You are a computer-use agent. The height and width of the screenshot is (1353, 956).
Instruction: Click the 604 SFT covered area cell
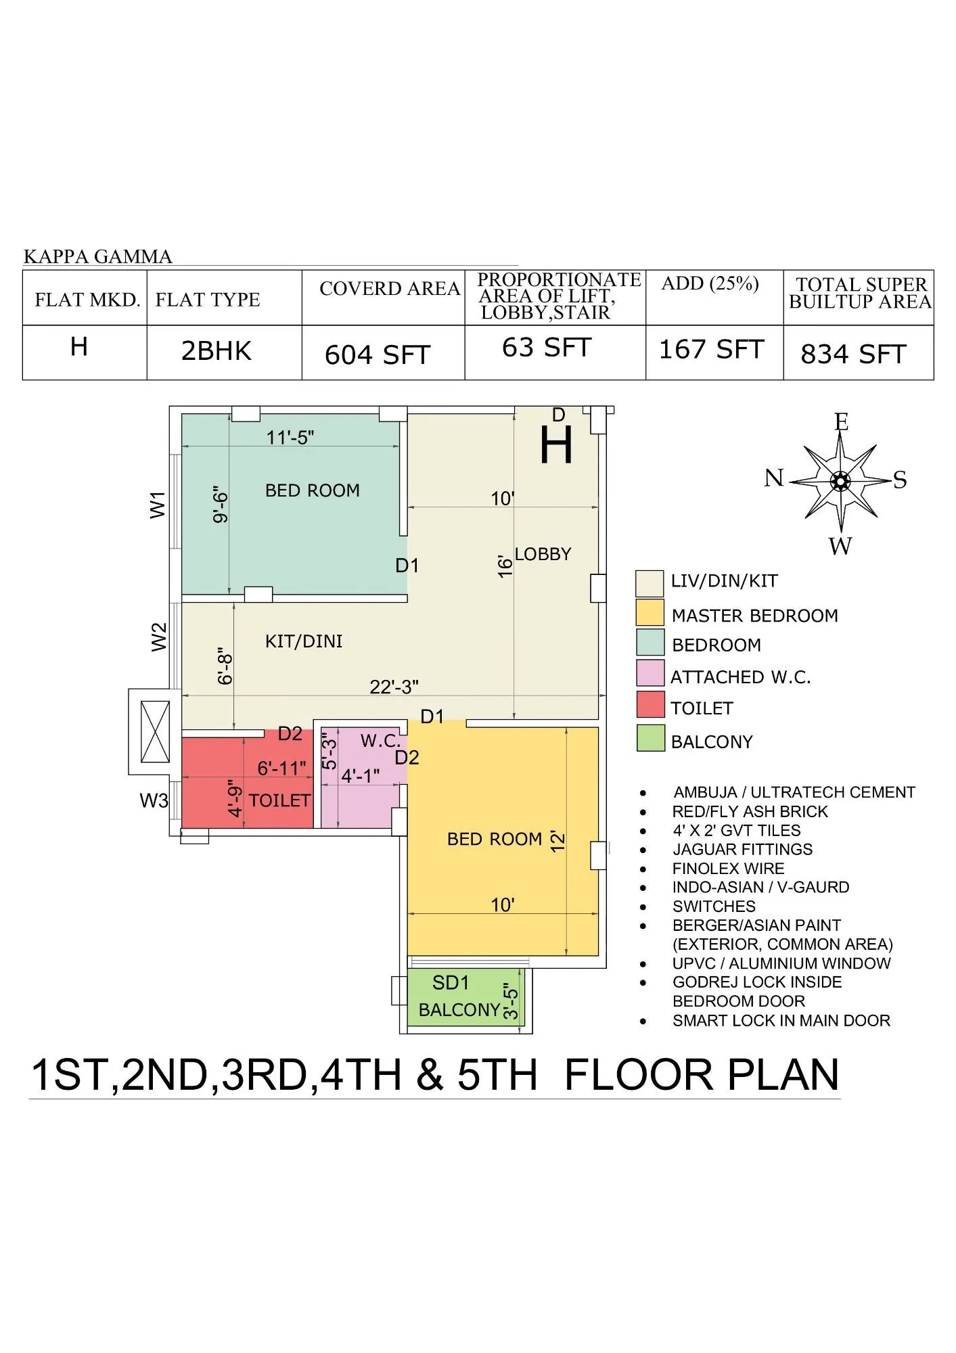378,354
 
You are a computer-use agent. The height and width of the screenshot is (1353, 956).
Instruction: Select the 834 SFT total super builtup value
853,354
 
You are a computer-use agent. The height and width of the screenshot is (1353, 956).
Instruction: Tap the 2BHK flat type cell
217,351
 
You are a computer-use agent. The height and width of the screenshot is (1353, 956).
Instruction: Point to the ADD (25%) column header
710,283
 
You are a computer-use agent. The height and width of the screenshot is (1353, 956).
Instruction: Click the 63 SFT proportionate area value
547,348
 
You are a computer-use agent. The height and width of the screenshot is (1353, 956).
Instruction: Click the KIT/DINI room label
304,641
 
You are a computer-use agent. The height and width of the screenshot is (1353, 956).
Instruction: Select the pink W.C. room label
380,741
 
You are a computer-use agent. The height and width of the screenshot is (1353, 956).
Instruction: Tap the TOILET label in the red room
279,801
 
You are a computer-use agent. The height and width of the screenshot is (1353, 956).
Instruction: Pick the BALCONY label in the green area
459,1010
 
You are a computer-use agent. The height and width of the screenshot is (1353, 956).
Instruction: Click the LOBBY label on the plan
543,554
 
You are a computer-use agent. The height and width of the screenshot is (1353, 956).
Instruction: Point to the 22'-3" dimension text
394,687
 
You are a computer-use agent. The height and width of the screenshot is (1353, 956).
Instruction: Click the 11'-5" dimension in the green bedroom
290,438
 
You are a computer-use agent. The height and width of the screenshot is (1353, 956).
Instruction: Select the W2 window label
158,637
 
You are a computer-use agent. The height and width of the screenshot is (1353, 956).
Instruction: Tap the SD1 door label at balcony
451,982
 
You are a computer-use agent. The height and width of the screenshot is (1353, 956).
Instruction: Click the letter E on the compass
841,422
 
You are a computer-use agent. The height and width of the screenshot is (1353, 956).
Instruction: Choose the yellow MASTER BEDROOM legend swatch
650,612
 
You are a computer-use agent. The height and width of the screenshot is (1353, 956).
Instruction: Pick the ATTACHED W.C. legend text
740,677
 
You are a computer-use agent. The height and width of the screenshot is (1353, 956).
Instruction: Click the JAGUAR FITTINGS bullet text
742,850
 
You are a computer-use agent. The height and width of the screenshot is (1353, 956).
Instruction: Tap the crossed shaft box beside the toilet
155,732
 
